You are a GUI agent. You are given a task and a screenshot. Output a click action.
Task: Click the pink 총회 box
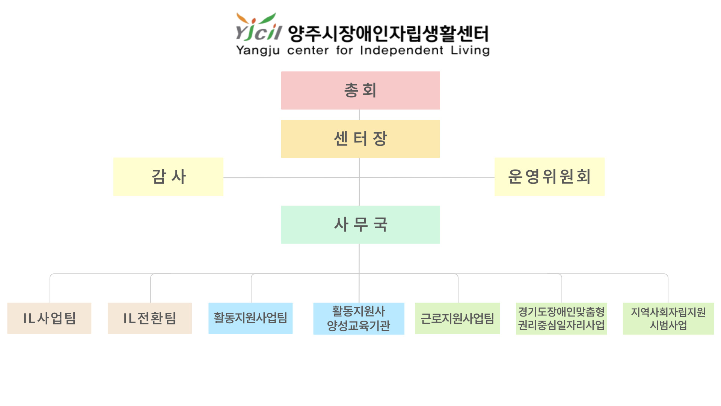pos(360,91)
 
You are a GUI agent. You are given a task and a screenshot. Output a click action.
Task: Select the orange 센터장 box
pos(360,139)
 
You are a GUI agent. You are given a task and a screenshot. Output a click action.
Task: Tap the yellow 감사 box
pos(168,177)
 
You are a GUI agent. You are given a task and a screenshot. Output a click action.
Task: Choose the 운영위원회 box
pos(549,177)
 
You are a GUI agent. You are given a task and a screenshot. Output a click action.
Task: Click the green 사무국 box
pos(360,224)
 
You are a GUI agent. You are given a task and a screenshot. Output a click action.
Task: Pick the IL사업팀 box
pos(49,318)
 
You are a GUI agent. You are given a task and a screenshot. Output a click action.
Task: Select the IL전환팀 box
pos(150,318)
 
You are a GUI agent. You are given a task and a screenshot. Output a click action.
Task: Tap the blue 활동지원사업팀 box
pos(250,318)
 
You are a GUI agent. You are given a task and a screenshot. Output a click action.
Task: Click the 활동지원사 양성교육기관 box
pos(359,318)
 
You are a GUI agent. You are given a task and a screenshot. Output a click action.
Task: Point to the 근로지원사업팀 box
pos(457,318)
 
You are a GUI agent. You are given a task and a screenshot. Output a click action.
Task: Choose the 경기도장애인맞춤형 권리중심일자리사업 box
pos(561,318)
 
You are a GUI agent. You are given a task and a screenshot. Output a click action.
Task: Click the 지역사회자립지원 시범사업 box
pos(668,318)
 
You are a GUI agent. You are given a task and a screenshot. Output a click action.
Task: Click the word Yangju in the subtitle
pos(258,51)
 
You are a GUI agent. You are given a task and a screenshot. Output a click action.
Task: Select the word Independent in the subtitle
pos(401,50)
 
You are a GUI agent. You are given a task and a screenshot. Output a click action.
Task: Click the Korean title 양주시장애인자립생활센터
pos(388,33)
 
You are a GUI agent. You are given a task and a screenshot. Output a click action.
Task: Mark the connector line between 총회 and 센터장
pos(359,115)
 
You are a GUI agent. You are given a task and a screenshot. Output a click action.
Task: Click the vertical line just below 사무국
pos(359,259)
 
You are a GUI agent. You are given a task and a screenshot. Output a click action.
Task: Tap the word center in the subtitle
pos(308,50)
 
